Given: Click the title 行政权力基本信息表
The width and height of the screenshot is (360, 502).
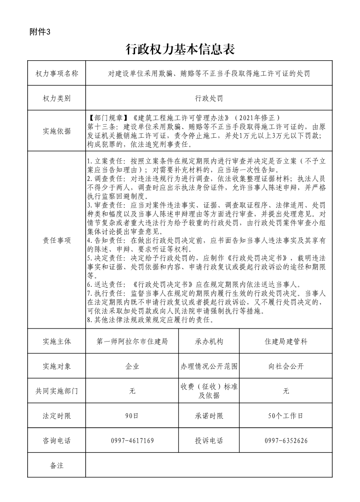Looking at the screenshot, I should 180,49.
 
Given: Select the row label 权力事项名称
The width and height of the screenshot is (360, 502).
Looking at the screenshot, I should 57,73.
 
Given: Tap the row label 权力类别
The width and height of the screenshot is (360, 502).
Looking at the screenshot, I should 57,98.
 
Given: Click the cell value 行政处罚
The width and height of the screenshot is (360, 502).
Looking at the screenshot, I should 209,98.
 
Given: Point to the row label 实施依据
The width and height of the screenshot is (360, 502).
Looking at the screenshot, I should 57,131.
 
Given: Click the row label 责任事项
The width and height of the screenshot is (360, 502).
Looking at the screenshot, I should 57,241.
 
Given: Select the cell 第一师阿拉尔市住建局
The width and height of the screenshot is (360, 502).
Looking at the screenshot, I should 132,342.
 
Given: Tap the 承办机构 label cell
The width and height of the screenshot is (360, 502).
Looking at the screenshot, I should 209,342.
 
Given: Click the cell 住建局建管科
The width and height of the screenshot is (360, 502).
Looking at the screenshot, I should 286,342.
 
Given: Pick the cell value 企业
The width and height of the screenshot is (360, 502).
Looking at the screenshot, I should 132,366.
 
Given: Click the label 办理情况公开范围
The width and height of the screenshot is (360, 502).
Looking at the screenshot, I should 209,366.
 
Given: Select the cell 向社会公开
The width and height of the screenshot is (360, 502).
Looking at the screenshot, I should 286,366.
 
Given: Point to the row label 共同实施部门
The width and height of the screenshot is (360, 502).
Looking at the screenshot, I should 57,391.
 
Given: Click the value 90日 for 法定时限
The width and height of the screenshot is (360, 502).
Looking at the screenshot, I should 132,415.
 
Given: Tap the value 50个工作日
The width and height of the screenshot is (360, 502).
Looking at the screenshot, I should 286,415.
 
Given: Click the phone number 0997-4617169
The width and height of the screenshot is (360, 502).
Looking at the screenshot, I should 132,440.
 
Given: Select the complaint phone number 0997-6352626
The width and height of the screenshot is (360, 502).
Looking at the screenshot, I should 286,440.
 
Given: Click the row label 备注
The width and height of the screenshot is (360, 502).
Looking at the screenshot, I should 57,465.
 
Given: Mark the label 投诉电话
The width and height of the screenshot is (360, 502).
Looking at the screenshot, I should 209,440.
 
